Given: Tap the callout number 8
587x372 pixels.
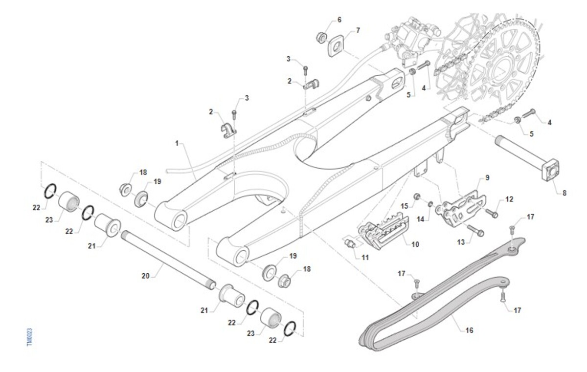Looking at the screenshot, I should click(x=564, y=193).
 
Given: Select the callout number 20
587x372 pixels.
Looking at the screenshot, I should click(x=145, y=276).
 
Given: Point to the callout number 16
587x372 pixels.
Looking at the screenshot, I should click(x=469, y=330).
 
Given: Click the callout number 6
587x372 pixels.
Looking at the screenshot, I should click(x=339, y=20).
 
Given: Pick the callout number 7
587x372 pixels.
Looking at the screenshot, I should click(x=358, y=30).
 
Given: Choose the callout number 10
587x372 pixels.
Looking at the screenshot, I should click(x=415, y=243).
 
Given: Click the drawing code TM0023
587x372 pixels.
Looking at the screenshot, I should click(x=29, y=337).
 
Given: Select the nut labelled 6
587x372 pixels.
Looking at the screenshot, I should click(x=322, y=37).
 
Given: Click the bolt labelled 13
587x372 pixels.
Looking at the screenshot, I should click(x=475, y=229).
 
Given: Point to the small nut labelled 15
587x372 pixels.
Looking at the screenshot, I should click(x=417, y=197).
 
